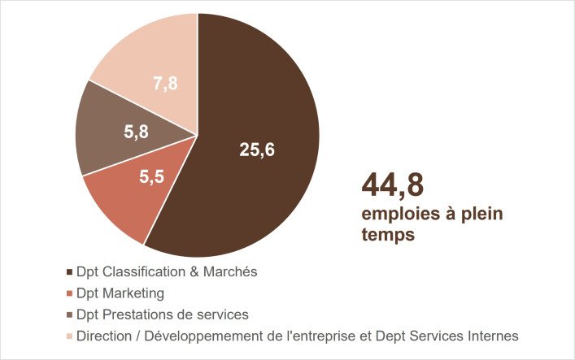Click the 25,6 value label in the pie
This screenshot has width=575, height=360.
(256, 149)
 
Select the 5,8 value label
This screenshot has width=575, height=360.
(136, 132)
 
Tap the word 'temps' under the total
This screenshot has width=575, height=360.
(388, 236)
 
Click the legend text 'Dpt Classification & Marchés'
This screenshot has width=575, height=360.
(167, 272)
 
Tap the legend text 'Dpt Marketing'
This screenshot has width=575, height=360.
(120, 293)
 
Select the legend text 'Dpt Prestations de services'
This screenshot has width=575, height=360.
(162, 314)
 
